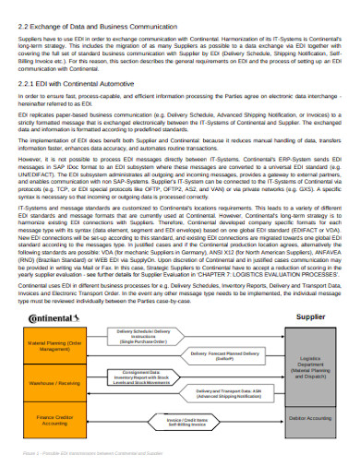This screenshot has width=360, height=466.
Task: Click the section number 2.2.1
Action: (29, 82)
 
